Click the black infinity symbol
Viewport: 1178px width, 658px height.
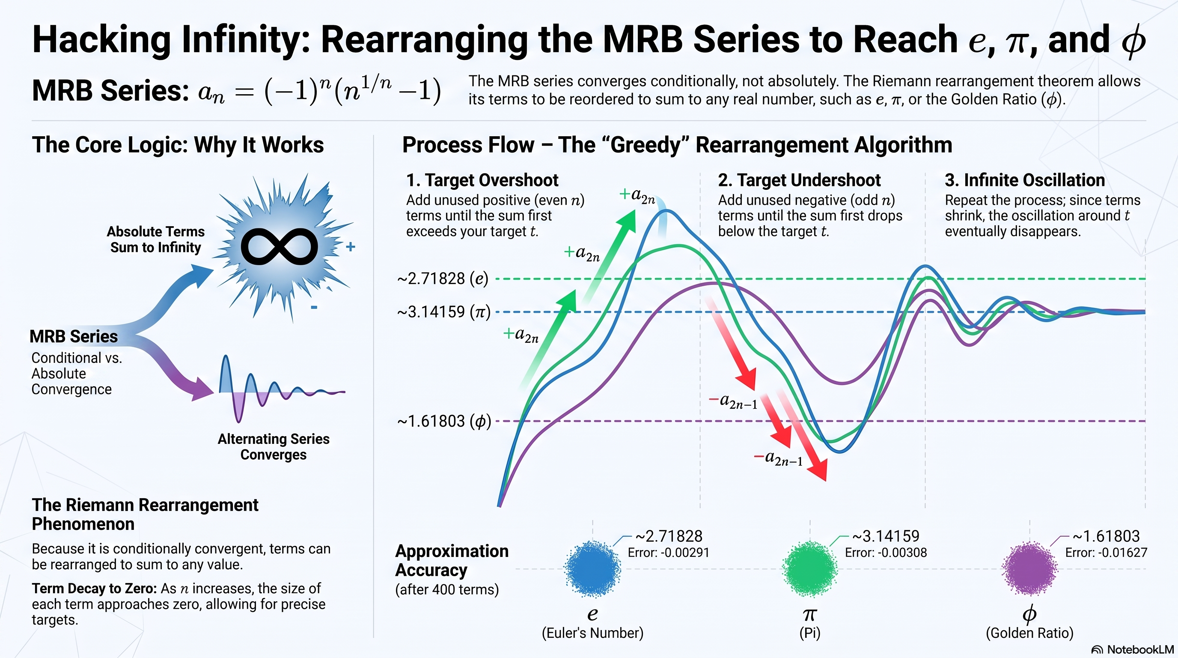tap(280, 247)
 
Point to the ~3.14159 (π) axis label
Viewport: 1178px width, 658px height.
tap(443, 312)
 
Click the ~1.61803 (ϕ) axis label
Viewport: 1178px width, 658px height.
tap(444, 421)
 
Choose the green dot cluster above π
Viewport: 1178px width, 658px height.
tap(810, 569)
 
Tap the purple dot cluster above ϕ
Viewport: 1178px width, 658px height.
tap(1029, 569)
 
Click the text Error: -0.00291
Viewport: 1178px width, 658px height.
tap(668, 553)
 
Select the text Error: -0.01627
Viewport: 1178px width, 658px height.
tap(1106, 553)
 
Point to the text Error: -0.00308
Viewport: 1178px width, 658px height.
tap(886, 553)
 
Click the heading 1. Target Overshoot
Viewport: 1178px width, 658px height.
tap(482, 180)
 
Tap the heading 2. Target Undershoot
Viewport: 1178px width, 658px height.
tap(799, 180)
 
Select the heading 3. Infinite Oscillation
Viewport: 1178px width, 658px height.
tap(1025, 180)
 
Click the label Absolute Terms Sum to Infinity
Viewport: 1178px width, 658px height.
tap(155, 239)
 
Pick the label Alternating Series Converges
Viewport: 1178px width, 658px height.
tap(274, 447)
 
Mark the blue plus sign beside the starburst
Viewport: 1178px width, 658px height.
tap(350, 247)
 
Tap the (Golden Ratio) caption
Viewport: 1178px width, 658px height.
tap(1029, 633)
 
